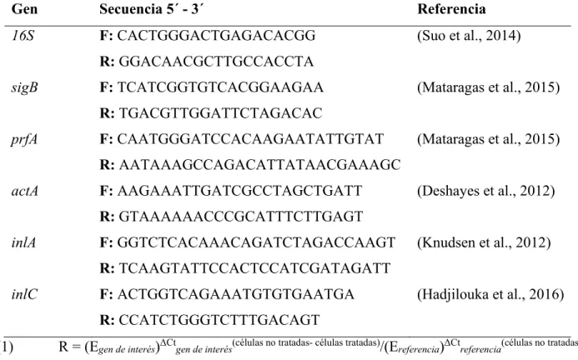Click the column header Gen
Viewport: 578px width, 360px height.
(24, 9)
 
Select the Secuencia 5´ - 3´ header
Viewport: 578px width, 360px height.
(151, 9)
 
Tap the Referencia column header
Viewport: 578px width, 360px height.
(451, 9)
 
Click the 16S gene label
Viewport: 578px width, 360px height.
(23, 36)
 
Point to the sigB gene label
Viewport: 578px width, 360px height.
(24, 87)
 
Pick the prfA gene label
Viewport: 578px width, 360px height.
(24, 140)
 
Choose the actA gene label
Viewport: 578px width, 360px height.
(25, 191)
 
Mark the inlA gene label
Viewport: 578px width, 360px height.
(23, 242)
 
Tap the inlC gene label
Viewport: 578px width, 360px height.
(24, 294)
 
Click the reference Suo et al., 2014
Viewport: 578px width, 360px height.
(469, 36)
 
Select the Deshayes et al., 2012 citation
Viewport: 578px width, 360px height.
(486, 191)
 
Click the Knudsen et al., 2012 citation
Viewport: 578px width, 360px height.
(484, 242)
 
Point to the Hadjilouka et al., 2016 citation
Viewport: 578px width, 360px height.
(490, 294)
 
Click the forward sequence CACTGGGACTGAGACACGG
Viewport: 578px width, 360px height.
(216, 36)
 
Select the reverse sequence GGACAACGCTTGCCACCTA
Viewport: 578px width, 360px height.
(216, 62)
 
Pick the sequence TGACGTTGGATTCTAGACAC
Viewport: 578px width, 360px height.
(220, 113)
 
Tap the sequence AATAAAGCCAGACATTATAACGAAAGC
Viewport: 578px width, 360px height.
(259, 165)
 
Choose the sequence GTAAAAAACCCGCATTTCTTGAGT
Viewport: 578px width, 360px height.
(241, 217)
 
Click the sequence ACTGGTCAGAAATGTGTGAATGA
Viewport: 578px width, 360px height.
(236, 294)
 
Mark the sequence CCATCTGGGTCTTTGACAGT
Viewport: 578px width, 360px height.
(219, 320)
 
